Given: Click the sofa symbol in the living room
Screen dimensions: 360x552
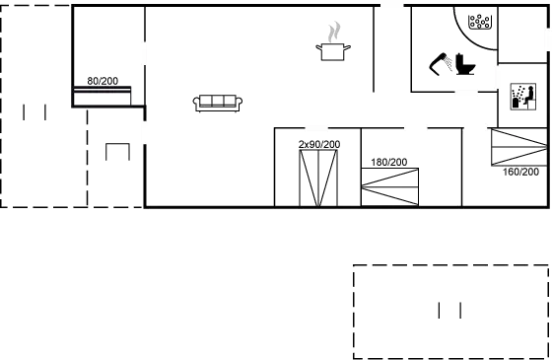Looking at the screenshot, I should (220, 101).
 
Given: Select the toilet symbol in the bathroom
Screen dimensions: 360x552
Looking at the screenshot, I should (461, 65).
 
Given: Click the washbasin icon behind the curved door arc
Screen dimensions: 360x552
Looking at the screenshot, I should (480, 21).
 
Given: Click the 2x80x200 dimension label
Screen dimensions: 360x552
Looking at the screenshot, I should (318, 145).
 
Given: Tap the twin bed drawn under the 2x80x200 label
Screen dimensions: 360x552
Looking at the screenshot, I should (318, 179).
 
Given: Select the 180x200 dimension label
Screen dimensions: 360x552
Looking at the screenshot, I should (388, 161).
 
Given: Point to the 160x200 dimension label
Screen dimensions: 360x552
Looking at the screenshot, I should (518, 171).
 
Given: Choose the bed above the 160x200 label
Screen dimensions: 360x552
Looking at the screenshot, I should (518, 147).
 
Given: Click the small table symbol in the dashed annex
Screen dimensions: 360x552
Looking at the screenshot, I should (117, 151).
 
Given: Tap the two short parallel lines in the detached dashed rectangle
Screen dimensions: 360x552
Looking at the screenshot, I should (449, 311).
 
